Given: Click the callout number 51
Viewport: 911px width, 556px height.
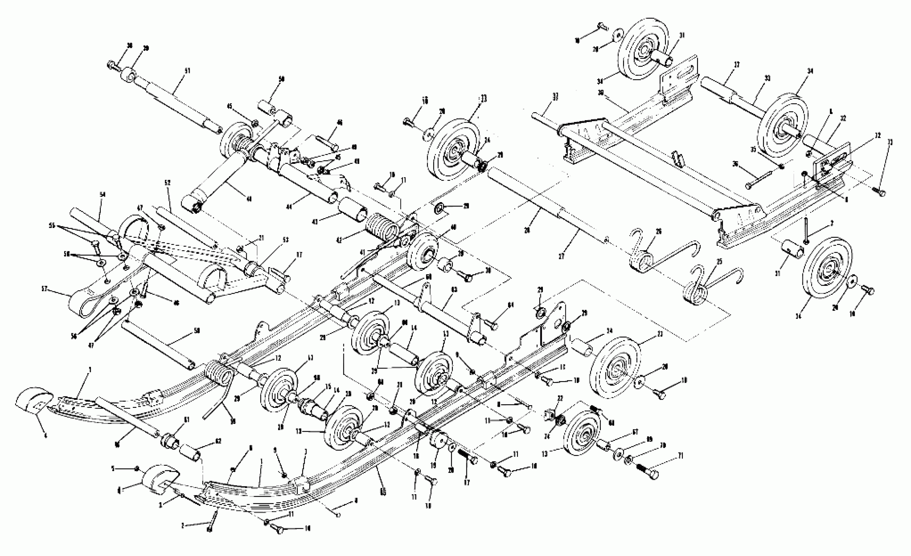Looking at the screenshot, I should [x=188, y=71].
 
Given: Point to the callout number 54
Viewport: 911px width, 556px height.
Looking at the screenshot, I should [x=103, y=194].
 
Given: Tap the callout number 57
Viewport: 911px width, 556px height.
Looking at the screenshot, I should [x=45, y=289].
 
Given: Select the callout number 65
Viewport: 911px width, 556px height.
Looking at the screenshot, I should [x=383, y=493].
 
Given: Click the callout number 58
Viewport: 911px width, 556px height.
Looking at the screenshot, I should [x=197, y=331].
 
